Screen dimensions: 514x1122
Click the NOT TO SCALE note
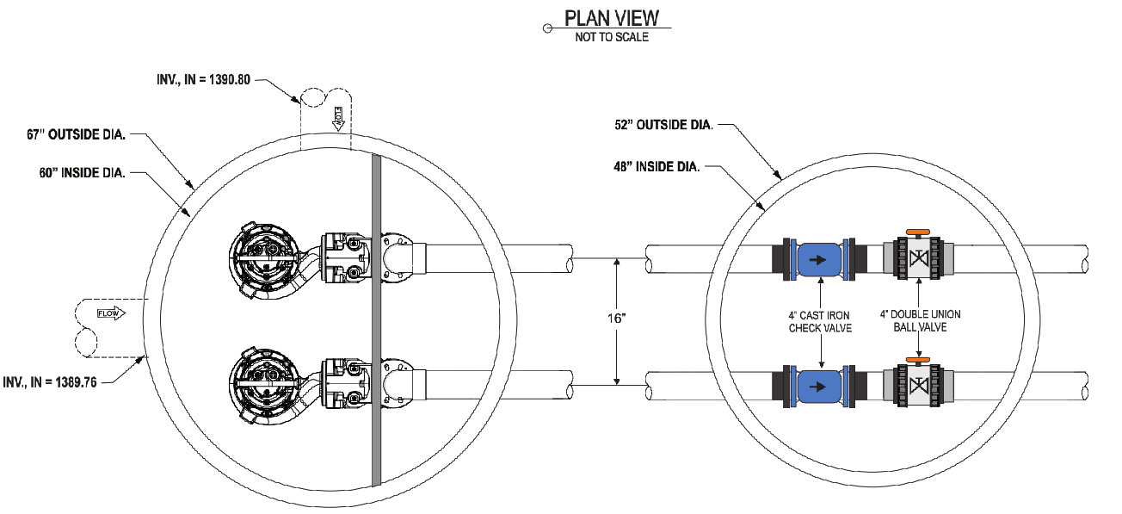pos(612,38)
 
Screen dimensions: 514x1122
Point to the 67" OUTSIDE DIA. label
pos(77,134)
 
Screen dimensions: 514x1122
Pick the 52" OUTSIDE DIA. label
pos(660,126)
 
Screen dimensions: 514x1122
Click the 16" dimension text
pos(616,319)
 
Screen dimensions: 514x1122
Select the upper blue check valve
pos(819,258)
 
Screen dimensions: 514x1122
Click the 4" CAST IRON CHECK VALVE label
pos(822,322)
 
